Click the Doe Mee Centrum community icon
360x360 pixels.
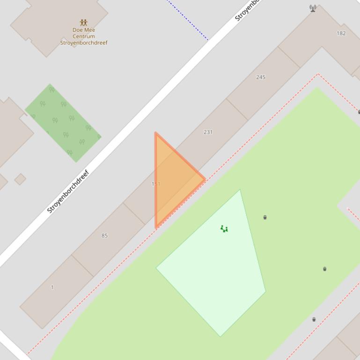(83, 22)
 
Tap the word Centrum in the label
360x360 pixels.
(84, 36)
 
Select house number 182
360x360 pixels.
(341, 33)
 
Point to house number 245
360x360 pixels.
(261, 77)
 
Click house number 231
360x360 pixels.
(208, 132)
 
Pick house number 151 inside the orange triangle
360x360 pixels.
(156, 184)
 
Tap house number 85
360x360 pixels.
(104, 235)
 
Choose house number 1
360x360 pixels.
(52, 287)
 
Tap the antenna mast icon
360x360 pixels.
(313, 8)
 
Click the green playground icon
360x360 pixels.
(224, 229)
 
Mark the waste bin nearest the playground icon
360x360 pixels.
(265, 217)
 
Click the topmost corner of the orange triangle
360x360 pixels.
(156, 133)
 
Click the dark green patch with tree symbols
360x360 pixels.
(63, 122)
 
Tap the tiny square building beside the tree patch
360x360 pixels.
(20, 179)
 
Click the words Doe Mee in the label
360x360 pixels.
(84, 30)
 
